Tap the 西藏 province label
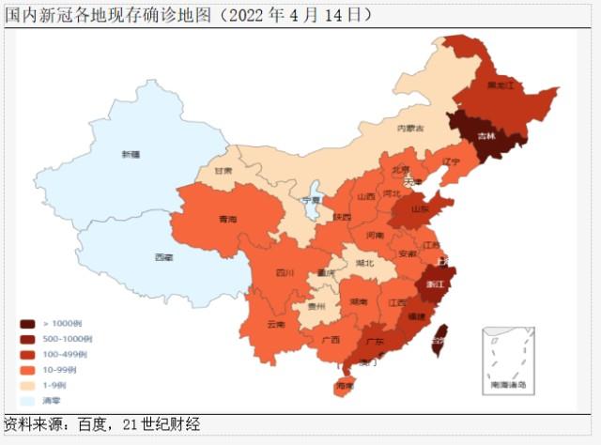point(163,256)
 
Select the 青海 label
point(227,219)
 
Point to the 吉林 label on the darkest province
point(485,136)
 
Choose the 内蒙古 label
point(409,128)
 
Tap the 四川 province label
point(285,273)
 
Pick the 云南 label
point(275,324)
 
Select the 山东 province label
point(421,210)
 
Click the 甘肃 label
point(223,172)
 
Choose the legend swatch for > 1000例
point(29,323)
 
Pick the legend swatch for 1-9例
point(29,385)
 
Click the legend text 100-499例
point(71,354)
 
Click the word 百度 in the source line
point(102,425)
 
